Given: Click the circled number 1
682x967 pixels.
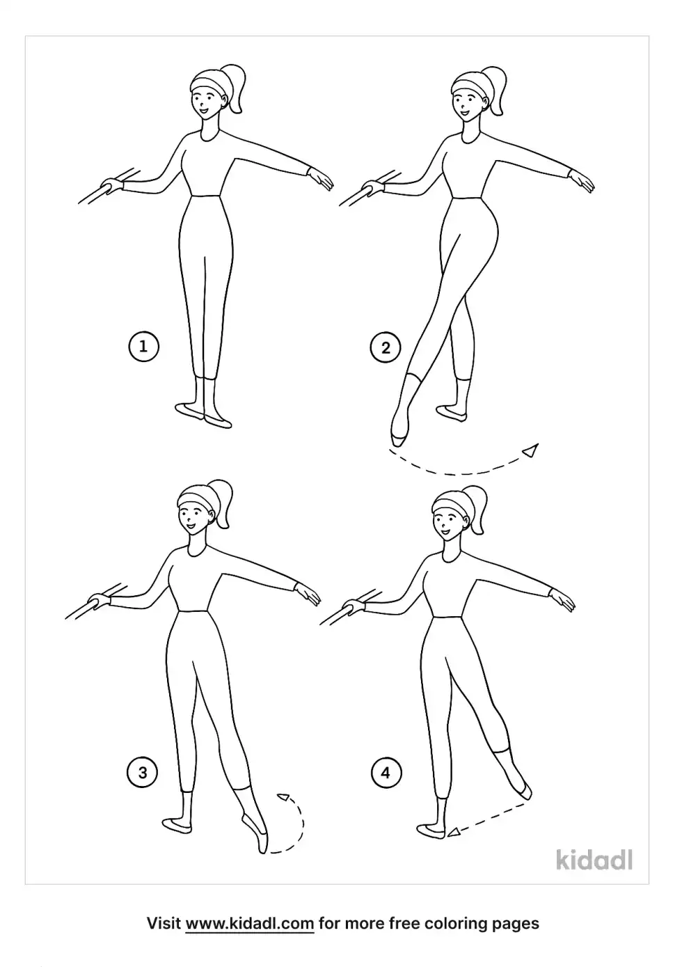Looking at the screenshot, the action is click(x=144, y=347).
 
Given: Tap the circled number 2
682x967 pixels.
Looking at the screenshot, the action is click(x=386, y=347).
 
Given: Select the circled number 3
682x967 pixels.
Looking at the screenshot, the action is click(x=143, y=772).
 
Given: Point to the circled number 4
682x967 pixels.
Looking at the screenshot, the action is click(x=386, y=772).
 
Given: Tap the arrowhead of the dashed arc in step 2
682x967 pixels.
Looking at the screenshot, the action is click(x=531, y=450).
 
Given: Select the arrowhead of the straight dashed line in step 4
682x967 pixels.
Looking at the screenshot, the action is click(x=453, y=833).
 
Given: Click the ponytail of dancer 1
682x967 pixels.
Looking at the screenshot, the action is click(x=235, y=88).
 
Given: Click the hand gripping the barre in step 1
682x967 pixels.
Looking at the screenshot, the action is click(x=112, y=187).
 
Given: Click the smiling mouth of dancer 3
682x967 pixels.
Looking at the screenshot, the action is click(x=191, y=527).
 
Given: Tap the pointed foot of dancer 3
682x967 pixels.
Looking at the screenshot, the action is click(x=255, y=833).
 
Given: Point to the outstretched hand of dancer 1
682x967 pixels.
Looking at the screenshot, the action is click(x=320, y=178).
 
